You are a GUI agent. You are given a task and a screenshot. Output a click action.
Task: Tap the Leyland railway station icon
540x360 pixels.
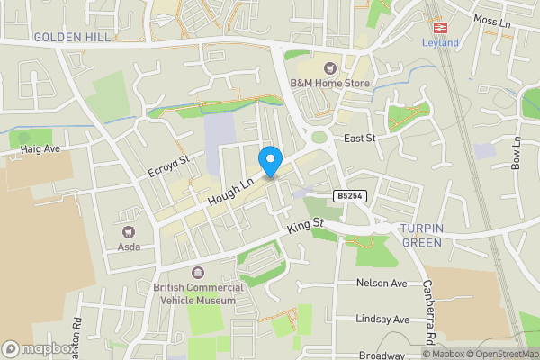pos(440,27)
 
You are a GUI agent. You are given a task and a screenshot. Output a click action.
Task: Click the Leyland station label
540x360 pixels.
pos(440,42)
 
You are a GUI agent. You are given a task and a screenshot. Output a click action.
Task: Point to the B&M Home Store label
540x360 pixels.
pos(330,83)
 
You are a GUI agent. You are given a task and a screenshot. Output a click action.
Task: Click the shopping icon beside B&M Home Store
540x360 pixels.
pos(330,67)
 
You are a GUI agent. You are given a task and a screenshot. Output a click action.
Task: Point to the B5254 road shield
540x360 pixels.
pos(348,195)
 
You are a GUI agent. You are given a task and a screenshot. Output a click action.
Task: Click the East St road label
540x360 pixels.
pos(360,138)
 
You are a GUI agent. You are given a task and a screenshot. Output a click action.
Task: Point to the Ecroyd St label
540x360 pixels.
pos(169,166)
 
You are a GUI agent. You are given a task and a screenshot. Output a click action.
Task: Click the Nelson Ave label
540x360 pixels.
pos(382,283)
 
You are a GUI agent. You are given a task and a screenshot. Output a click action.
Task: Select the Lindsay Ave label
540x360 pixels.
pos(382,319)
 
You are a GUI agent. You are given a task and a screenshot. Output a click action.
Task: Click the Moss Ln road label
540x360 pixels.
pos(491,20)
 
